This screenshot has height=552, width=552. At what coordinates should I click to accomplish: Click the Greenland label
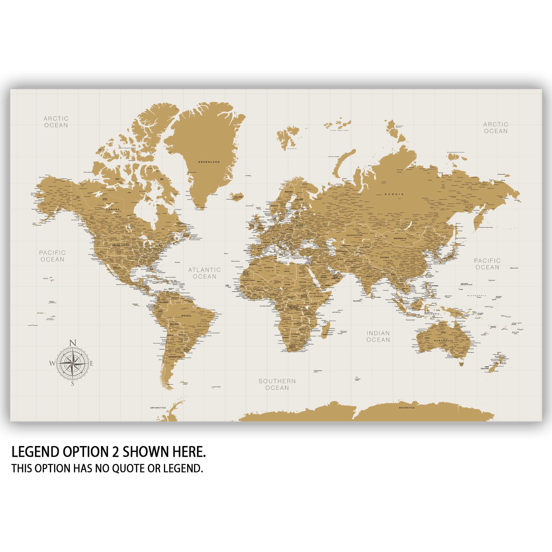pyautogui.click(x=209, y=162)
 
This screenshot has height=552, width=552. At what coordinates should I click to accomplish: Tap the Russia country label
pyautogui.click(x=394, y=194)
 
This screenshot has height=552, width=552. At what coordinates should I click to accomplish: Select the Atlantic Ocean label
pyautogui.click(x=205, y=273)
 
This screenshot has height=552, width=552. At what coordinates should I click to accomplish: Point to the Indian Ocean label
pyautogui.click(x=378, y=336)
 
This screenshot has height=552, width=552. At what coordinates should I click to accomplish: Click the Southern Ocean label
pyautogui.click(x=277, y=384)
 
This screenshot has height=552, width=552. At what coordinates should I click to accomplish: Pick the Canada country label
pyautogui.click(x=113, y=209)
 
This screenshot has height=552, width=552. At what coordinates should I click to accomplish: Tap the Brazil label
pyautogui.click(x=187, y=316)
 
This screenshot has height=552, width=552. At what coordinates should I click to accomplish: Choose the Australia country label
pyautogui.click(x=444, y=341)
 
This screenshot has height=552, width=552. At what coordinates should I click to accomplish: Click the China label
pyautogui.click(x=384, y=258)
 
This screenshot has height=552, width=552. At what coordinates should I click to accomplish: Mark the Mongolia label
pyautogui.click(x=400, y=238)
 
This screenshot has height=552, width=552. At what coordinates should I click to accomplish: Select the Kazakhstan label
pyautogui.click(x=354, y=235)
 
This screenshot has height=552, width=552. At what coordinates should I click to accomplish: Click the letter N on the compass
pyautogui.click(x=73, y=343)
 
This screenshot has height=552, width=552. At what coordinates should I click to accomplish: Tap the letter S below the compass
pyautogui.click(x=73, y=384)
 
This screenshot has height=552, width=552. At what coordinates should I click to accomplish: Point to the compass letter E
pyautogui.click(x=91, y=364)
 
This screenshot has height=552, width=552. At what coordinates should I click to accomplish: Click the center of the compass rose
pyautogui.click(x=73, y=363)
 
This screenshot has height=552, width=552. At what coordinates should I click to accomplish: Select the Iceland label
pyautogui.click(x=238, y=197)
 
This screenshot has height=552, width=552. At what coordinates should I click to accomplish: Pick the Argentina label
pyautogui.click(x=175, y=357)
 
